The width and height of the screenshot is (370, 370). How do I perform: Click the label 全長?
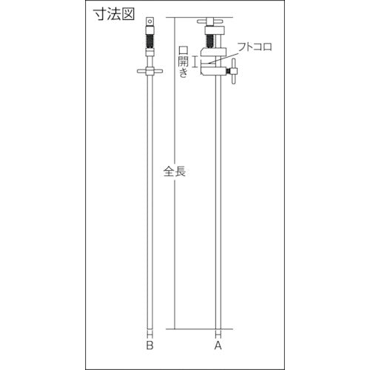[x=174, y=172]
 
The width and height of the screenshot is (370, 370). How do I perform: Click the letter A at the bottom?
[x=218, y=344]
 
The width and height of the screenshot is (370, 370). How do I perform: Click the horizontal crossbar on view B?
[x=151, y=72]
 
